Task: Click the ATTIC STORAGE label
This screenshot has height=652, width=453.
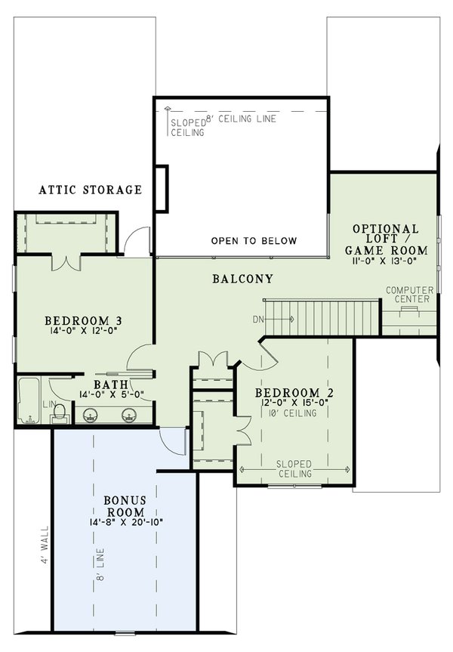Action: click(90, 190)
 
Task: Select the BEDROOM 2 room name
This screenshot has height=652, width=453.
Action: click(294, 393)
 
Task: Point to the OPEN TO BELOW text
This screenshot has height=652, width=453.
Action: click(254, 241)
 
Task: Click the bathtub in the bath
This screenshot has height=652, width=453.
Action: click(30, 400)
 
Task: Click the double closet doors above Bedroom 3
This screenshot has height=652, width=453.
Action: click(66, 261)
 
